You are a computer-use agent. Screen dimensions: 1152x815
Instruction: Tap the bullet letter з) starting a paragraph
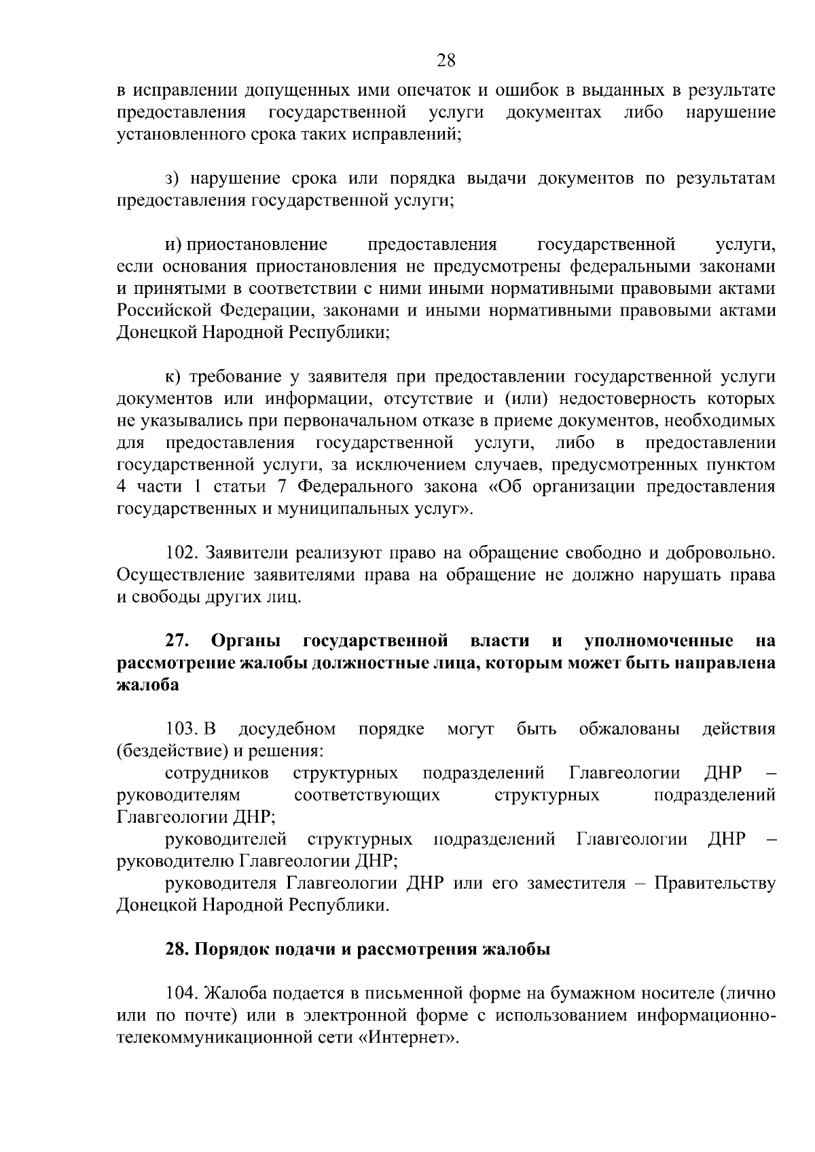click(172, 179)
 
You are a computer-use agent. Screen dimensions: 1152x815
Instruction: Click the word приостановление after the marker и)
click(257, 244)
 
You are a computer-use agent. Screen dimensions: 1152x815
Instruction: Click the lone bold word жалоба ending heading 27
click(148, 685)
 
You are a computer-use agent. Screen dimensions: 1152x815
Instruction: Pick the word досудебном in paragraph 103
click(287, 729)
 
